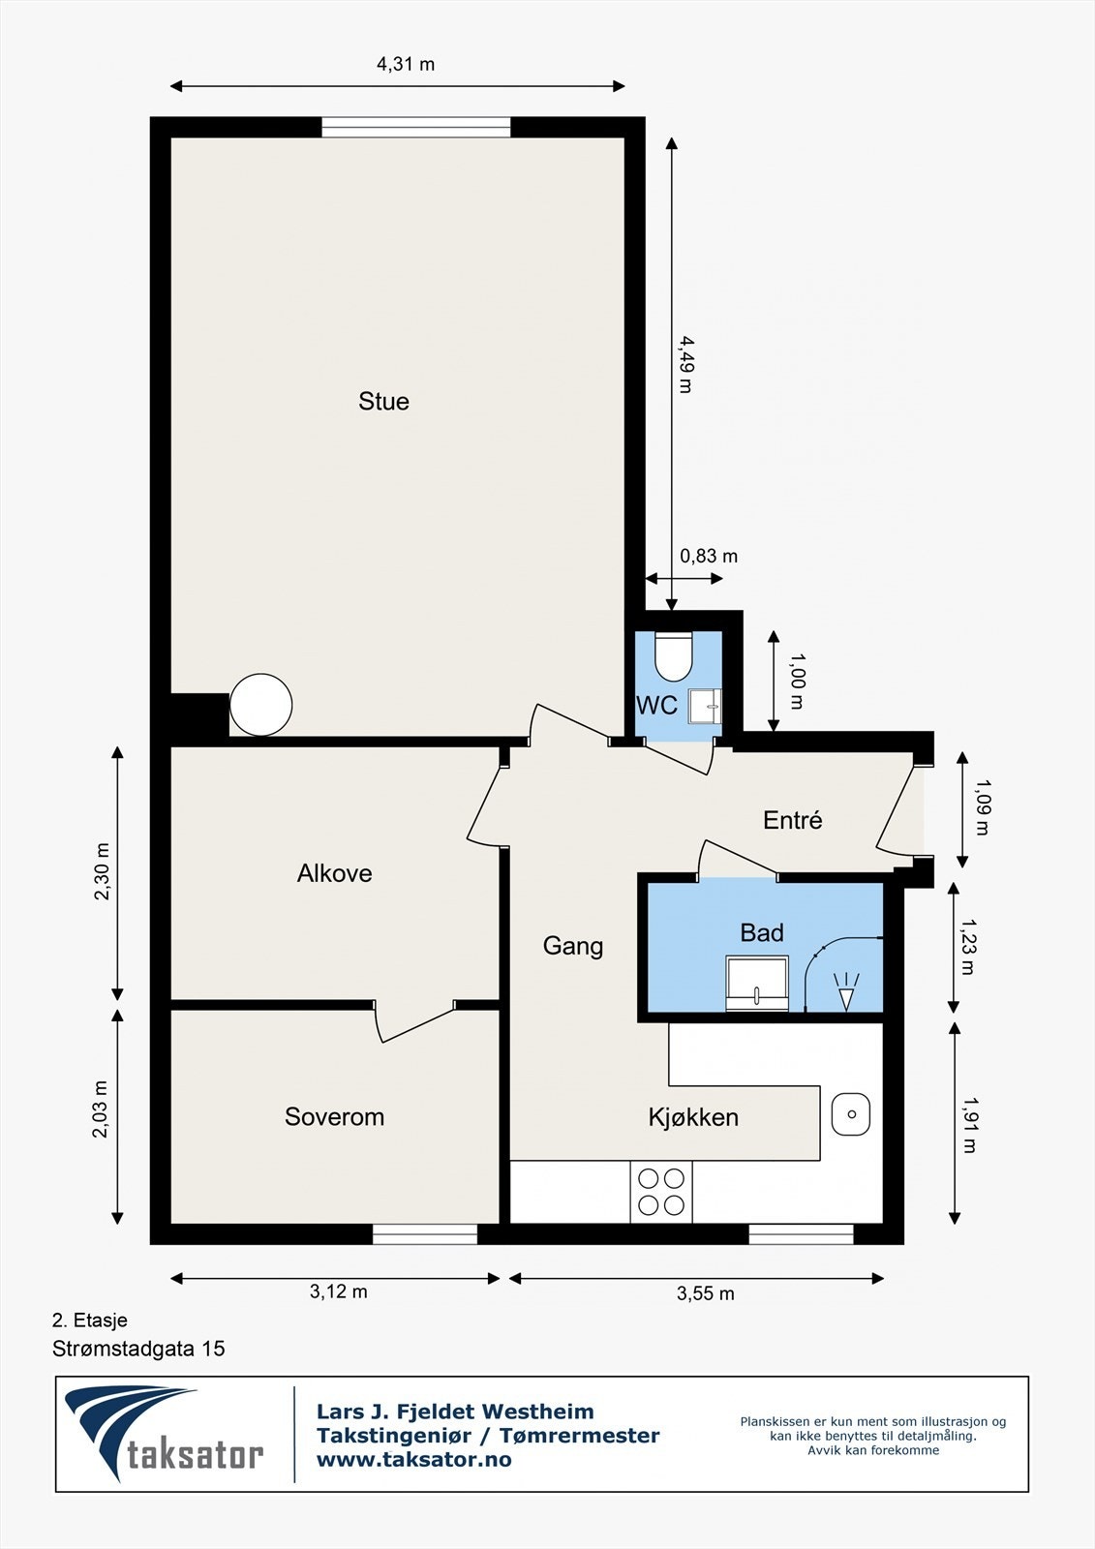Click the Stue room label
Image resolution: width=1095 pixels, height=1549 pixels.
(383, 401)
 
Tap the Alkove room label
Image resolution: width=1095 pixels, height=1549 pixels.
(334, 873)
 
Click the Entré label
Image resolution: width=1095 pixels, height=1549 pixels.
(792, 820)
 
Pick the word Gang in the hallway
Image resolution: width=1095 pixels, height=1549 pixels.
(573, 946)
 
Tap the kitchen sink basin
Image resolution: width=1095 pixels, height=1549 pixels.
(851, 1114)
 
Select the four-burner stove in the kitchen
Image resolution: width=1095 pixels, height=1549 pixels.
(660, 1191)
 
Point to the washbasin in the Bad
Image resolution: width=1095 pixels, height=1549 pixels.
(757, 983)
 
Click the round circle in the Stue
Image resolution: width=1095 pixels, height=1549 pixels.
(260, 705)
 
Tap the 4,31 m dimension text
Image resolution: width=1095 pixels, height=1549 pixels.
(406, 64)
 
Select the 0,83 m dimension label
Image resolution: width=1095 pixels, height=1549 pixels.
(709, 556)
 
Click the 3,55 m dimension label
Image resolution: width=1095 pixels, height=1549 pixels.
(706, 1293)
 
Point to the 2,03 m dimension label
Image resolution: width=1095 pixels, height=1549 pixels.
(101, 1109)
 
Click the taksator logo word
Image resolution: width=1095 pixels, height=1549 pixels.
(195, 1453)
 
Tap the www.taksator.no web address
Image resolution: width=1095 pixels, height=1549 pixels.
(413, 1460)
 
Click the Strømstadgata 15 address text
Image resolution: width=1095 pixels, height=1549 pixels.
(138, 1349)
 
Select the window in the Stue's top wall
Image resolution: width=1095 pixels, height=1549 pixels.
(415, 127)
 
